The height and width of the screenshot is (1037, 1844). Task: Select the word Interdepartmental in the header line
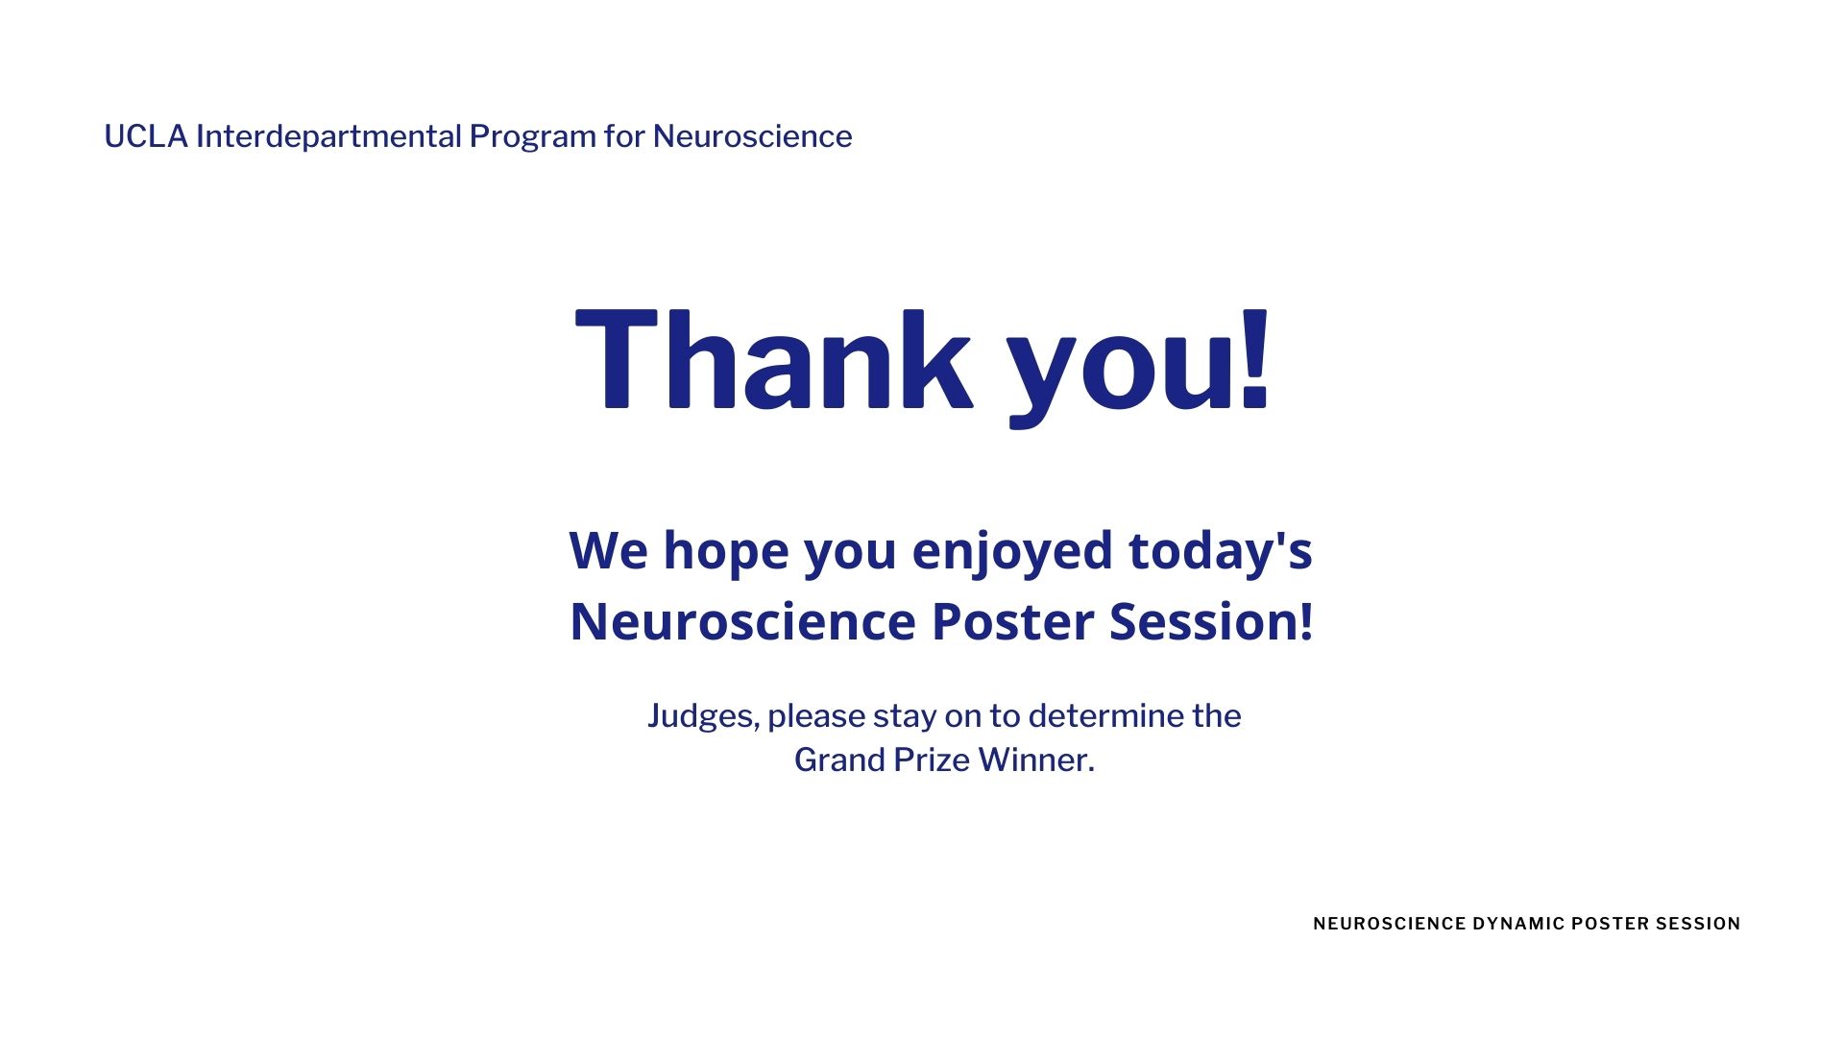coord(328,136)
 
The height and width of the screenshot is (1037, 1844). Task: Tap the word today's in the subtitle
coord(1220,552)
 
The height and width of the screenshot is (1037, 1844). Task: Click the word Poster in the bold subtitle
coord(1012,621)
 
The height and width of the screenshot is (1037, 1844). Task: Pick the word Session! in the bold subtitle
coord(1211,621)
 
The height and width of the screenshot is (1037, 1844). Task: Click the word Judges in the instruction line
coord(702,716)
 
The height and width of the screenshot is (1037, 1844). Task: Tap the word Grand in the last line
coord(838,760)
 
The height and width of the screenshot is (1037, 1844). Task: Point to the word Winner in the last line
coord(1035,760)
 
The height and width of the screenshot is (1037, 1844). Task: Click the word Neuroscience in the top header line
coord(752,136)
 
